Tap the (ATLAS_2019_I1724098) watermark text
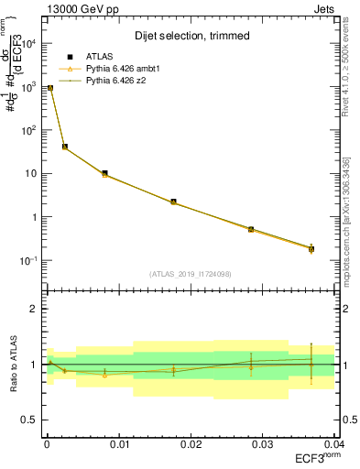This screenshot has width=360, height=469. (x=188, y=273)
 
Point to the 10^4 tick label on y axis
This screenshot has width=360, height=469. (x=28, y=43)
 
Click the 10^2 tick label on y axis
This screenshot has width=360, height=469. (x=28, y=130)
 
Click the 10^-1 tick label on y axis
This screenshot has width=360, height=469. (x=28, y=261)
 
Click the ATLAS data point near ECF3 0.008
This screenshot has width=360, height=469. (x=105, y=173)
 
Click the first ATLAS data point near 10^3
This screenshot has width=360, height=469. (x=50, y=88)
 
